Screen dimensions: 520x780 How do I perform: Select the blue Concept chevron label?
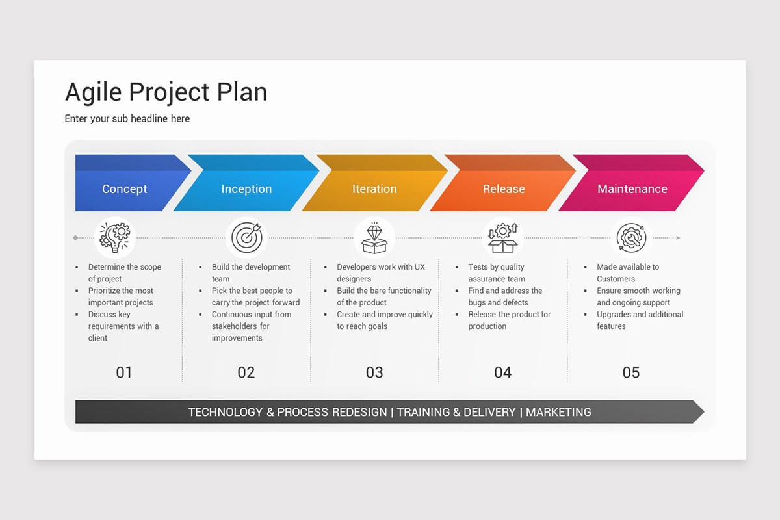click(125, 189)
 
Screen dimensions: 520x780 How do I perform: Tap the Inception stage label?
click(246, 189)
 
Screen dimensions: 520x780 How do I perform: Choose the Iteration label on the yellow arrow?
click(374, 189)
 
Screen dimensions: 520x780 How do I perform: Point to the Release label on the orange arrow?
click(503, 189)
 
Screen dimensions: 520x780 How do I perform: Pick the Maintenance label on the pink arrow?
click(632, 189)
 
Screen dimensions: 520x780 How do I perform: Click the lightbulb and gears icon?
click(115, 237)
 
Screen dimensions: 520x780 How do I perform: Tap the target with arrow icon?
click(246, 237)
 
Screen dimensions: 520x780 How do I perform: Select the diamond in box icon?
click(374, 238)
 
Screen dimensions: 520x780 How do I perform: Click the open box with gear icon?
click(504, 237)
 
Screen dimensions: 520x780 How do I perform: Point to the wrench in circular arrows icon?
click(631, 237)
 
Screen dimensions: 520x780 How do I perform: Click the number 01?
click(124, 372)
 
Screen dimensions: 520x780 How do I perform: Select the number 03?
click(374, 372)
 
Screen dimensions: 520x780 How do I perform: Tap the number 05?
click(631, 372)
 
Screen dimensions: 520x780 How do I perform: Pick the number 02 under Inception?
click(246, 372)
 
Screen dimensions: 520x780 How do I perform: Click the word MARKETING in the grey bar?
click(558, 412)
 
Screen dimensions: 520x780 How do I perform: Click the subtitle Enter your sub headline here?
click(127, 118)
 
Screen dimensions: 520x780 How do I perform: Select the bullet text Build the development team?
click(250, 273)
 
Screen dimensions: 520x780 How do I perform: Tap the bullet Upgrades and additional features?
click(640, 320)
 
